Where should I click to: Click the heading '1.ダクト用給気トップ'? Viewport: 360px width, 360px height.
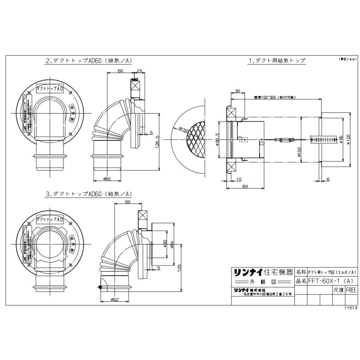(x=277, y=61)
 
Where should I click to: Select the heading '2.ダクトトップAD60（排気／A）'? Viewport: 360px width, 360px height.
(x=89, y=61)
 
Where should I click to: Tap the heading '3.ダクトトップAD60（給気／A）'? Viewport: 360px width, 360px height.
(x=89, y=194)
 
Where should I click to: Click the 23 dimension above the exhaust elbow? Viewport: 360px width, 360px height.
(x=139, y=71)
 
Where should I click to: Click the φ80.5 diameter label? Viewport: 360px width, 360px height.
(x=216, y=140)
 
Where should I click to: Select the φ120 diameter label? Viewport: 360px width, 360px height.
(x=350, y=140)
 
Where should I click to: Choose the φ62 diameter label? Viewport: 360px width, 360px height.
(x=115, y=299)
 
